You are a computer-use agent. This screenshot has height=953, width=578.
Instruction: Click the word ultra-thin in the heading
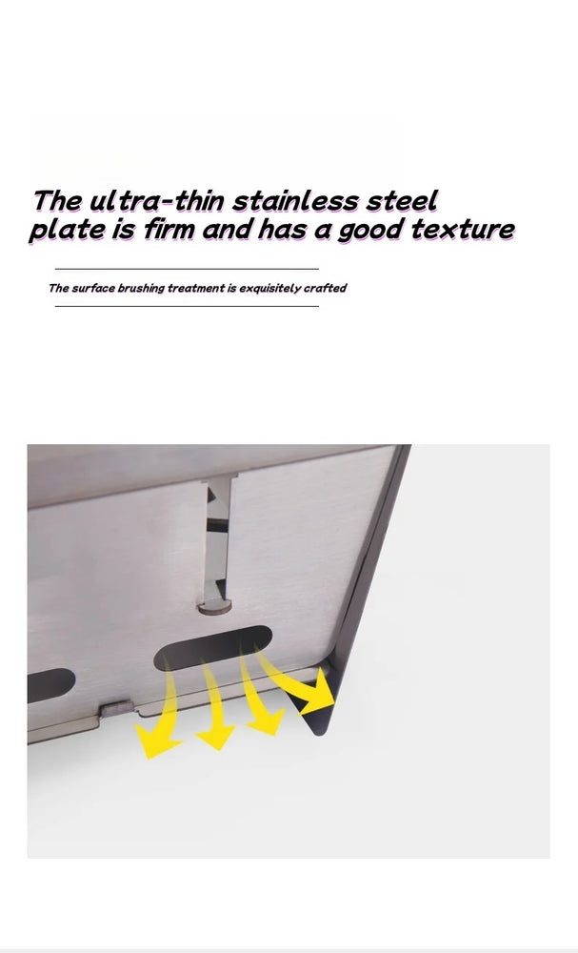pos(157,201)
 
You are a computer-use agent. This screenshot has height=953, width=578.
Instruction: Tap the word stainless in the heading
pos(295,201)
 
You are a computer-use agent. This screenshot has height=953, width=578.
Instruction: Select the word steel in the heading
pos(401,201)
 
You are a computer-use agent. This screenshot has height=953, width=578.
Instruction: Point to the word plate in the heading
pos(66,231)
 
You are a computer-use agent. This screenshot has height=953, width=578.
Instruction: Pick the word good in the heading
pos(369,231)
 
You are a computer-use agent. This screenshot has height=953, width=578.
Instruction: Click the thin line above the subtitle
pos(187,269)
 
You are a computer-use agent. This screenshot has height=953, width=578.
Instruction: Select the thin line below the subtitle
pos(187,306)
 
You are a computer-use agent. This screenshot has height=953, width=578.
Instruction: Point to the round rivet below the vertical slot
pos(215,606)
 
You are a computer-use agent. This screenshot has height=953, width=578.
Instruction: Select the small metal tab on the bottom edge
pos(116,709)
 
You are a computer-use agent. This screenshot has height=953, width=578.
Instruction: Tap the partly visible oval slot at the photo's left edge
pos(50,685)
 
